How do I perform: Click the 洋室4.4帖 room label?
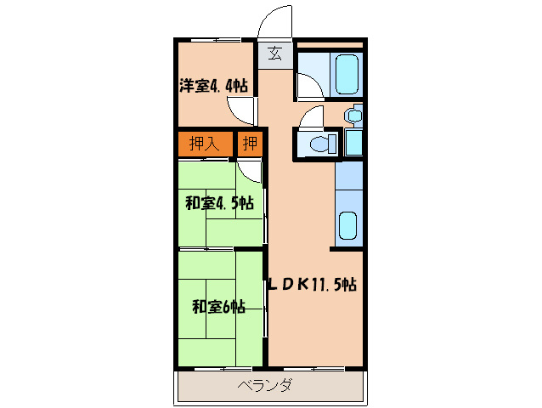click(213, 85)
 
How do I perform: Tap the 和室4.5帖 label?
click(219, 203)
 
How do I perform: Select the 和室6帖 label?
click(218, 306)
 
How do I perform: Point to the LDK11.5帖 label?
click(312, 286)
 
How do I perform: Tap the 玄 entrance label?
click(274, 55)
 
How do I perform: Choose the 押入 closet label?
click(204, 143)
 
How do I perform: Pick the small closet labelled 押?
click(250, 143)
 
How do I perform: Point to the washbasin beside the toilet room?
click(353, 115)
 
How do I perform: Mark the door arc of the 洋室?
click(241, 108)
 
